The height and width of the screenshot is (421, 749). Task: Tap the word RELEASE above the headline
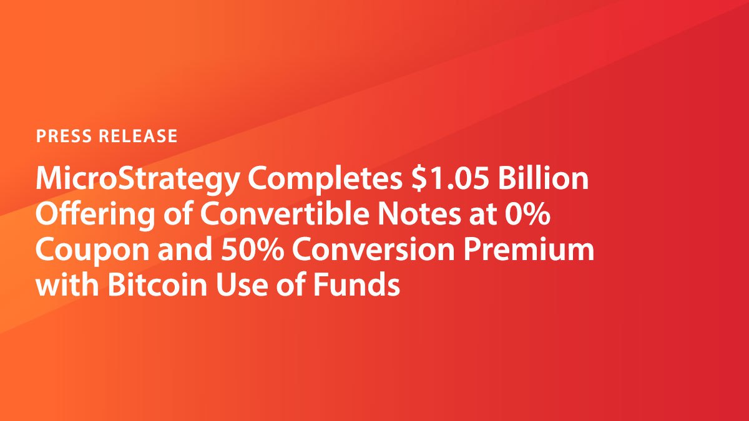pos(138,136)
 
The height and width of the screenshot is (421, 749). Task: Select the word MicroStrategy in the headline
pos(137,180)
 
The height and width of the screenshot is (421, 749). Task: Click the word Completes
pos(325,180)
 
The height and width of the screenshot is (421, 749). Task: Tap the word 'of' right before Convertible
pos(177,214)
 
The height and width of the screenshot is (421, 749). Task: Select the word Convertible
pos(285,214)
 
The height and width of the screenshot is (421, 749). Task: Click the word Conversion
pos(373,250)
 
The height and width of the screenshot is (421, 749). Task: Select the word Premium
pos(529,249)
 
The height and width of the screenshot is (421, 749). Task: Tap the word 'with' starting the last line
pos(67,284)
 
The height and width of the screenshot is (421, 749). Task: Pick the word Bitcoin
pos(157,284)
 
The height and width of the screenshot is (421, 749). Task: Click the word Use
pos(242,285)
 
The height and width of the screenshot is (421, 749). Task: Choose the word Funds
pos(356,284)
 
